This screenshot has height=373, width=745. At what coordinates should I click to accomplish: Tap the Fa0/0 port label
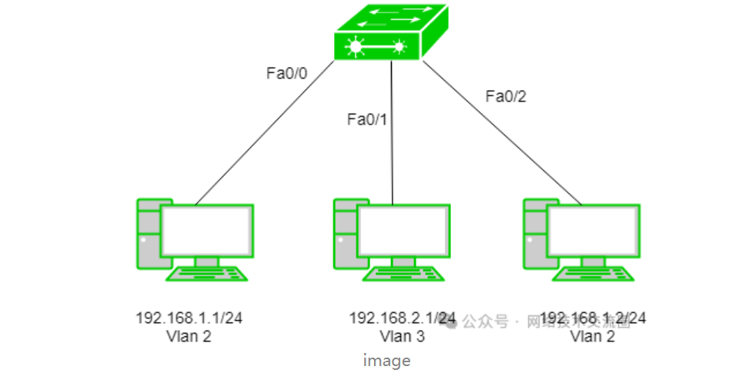286,74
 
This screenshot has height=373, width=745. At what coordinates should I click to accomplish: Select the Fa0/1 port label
368,119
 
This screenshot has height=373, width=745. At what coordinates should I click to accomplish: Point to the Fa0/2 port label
506,96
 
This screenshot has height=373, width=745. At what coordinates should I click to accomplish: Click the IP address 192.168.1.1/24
194,318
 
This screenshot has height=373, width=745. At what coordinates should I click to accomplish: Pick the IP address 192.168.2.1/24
402,318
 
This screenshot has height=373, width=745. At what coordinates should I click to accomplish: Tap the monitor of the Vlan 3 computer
403,231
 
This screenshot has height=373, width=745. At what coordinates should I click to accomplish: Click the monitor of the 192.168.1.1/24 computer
206,231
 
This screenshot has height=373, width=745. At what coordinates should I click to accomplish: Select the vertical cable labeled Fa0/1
393,154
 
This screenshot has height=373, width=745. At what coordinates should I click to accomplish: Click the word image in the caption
387,360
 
